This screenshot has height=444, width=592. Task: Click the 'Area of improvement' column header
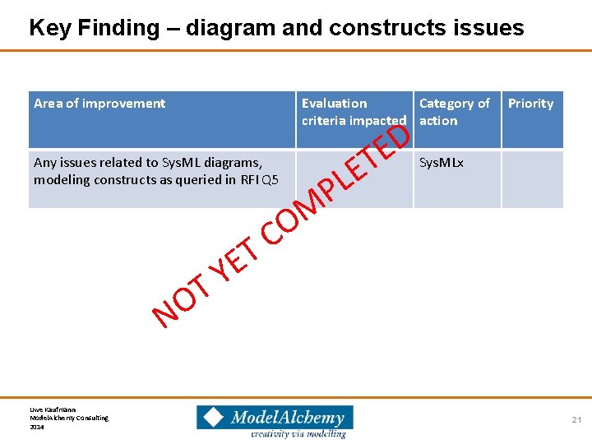click(x=99, y=104)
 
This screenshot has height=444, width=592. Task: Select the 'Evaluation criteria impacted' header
click(x=354, y=112)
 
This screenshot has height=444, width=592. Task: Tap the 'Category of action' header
click(x=454, y=112)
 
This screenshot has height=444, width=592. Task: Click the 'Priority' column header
click(x=530, y=104)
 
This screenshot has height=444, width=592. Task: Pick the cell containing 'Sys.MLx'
click(x=442, y=163)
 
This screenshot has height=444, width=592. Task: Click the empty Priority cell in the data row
click(x=532, y=178)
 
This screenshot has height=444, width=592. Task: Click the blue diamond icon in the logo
click(x=213, y=417)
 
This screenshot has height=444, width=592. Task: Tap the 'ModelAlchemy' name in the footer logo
click(x=286, y=417)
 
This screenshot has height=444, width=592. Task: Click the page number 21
click(x=576, y=420)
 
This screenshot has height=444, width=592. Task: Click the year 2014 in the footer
click(x=37, y=427)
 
